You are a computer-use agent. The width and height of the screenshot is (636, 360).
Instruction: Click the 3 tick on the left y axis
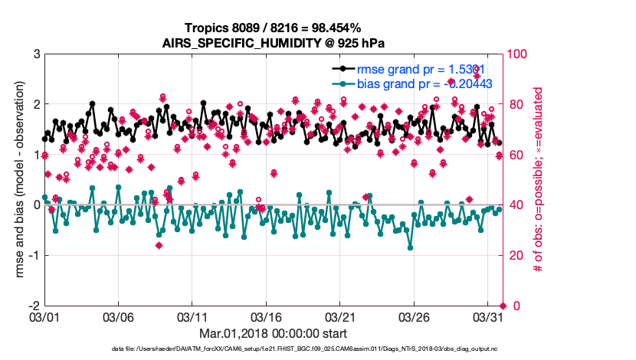coord(34,54)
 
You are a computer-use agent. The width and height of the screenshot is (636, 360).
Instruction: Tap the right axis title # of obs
coord(539,179)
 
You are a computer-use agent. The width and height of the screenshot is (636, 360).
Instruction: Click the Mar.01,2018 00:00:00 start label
coord(274,334)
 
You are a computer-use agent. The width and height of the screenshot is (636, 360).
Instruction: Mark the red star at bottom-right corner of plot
coord(503,306)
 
